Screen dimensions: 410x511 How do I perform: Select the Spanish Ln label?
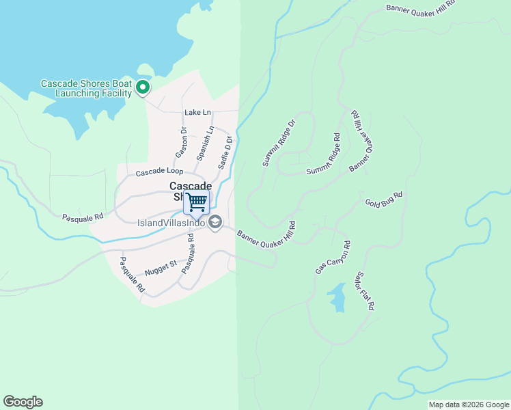(x=205, y=143)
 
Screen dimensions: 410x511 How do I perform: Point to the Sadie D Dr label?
(x=225, y=152)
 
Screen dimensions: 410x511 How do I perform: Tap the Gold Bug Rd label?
(x=383, y=199)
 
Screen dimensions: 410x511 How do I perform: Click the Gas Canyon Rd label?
(x=333, y=258)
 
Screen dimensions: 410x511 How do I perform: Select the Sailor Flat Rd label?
(x=364, y=291)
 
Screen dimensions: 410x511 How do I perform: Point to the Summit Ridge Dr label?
(x=279, y=143)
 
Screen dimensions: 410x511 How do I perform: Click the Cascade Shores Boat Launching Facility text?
(x=85, y=88)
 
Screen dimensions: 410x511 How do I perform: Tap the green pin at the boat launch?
(x=143, y=87)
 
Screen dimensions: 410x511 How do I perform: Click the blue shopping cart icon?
(x=197, y=201)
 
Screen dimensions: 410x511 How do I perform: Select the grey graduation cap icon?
(x=215, y=221)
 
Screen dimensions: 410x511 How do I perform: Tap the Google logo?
(x=23, y=402)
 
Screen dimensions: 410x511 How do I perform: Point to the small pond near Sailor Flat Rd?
(x=337, y=297)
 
